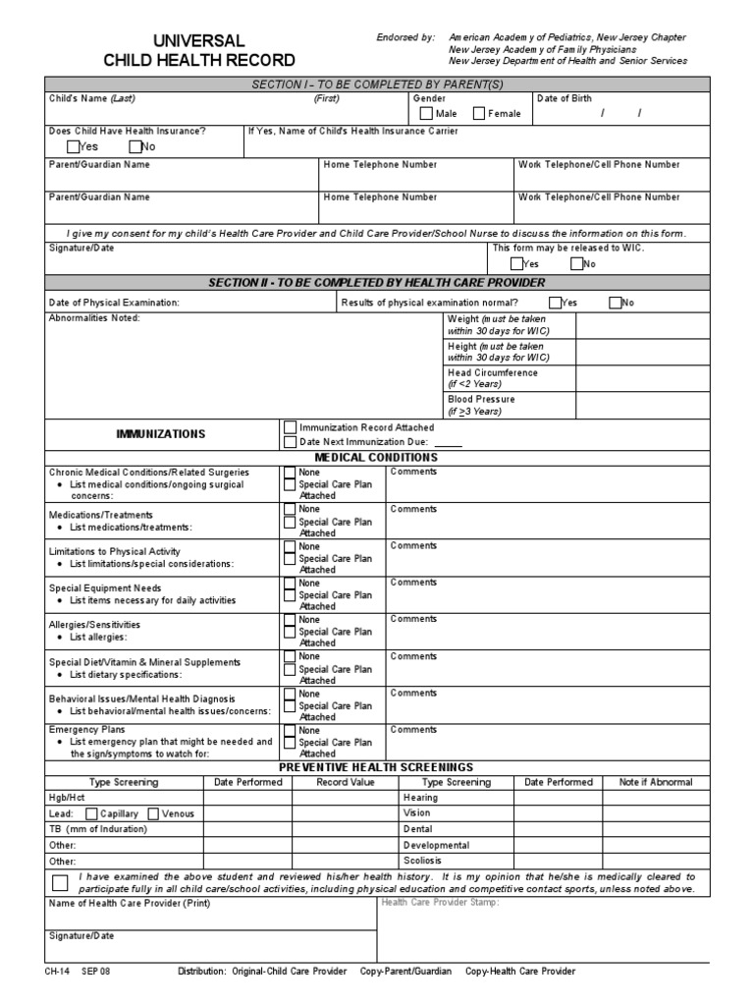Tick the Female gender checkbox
[x=479, y=113]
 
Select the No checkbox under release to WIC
[x=576, y=263]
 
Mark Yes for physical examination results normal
[x=556, y=303]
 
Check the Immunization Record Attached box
[x=290, y=427]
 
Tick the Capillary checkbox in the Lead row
[x=91, y=813]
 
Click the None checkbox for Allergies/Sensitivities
[x=290, y=620]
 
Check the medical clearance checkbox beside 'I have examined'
[x=60, y=881]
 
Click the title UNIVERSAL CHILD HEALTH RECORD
[x=198, y=50]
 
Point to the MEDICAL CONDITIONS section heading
[x=376, y=457]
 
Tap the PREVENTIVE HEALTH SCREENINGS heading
[x=376, y=766]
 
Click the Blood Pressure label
[x=481, y=400]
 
